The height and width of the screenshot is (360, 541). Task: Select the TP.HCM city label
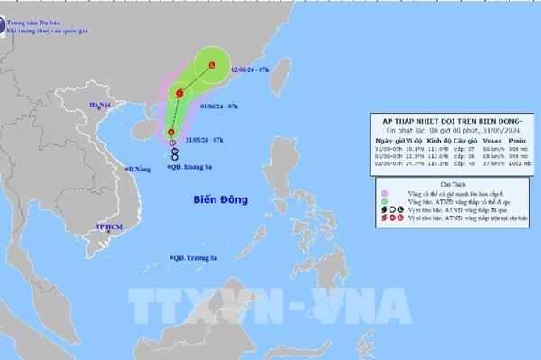coord(107,217)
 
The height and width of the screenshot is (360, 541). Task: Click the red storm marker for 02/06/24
coord(211,65)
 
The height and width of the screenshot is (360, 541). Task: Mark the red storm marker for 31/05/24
coord(171,142)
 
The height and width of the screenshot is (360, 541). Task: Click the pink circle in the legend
coord(385,191)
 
